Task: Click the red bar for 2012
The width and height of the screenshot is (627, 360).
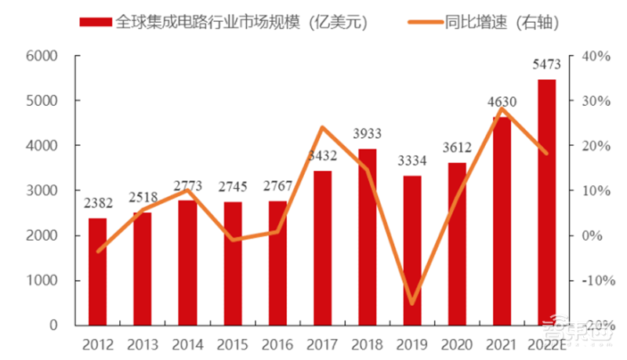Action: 97,271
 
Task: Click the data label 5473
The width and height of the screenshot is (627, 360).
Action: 546,67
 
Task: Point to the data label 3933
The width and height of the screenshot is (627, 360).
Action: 368,135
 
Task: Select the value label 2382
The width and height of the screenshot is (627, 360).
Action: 97,203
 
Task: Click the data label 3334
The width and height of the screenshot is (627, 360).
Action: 412,162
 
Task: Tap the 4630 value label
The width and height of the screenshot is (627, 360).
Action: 502,101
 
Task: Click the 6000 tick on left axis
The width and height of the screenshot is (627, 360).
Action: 44,56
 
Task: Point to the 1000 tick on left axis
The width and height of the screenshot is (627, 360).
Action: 44,281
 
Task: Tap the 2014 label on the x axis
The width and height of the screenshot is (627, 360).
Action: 187,344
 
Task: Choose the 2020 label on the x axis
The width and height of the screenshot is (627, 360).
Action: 457,344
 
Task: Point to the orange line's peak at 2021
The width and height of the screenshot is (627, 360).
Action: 502,108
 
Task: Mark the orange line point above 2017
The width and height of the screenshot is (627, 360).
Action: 322,128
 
